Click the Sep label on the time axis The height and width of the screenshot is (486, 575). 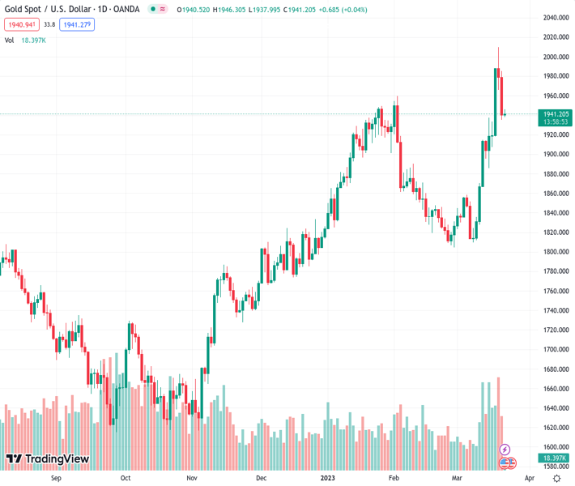[56, 478]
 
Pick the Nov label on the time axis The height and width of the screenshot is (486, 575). [192, 478]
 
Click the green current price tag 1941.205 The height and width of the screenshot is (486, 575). [556, 114]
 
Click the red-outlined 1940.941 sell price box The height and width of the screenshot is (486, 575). [21, 24]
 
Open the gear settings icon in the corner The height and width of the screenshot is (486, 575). [556, 478]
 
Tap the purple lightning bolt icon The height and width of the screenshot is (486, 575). [505, 449]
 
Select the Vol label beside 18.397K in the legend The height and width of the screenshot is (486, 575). [9, 40]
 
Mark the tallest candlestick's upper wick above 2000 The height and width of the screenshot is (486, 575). [498, 57]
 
